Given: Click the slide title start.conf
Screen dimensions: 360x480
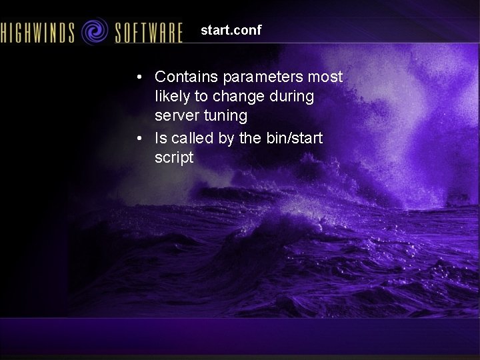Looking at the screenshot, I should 231,31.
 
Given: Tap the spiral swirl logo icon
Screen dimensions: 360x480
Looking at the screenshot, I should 94,31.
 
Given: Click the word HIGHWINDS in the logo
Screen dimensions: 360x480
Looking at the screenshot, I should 37,32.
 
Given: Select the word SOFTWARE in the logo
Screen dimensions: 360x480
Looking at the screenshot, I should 149,32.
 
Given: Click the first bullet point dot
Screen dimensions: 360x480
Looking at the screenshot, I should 138,77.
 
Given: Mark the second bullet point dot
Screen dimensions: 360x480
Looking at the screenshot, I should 138,139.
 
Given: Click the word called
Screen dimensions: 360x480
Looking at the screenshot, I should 194,138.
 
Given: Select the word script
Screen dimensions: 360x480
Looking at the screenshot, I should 173,158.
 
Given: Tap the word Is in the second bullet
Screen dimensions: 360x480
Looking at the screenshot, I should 161,138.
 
